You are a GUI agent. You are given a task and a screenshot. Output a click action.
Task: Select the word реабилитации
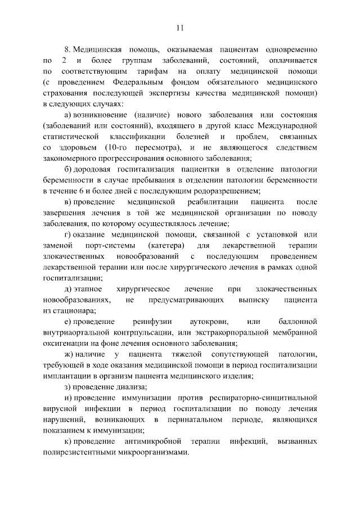pos(210,201)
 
